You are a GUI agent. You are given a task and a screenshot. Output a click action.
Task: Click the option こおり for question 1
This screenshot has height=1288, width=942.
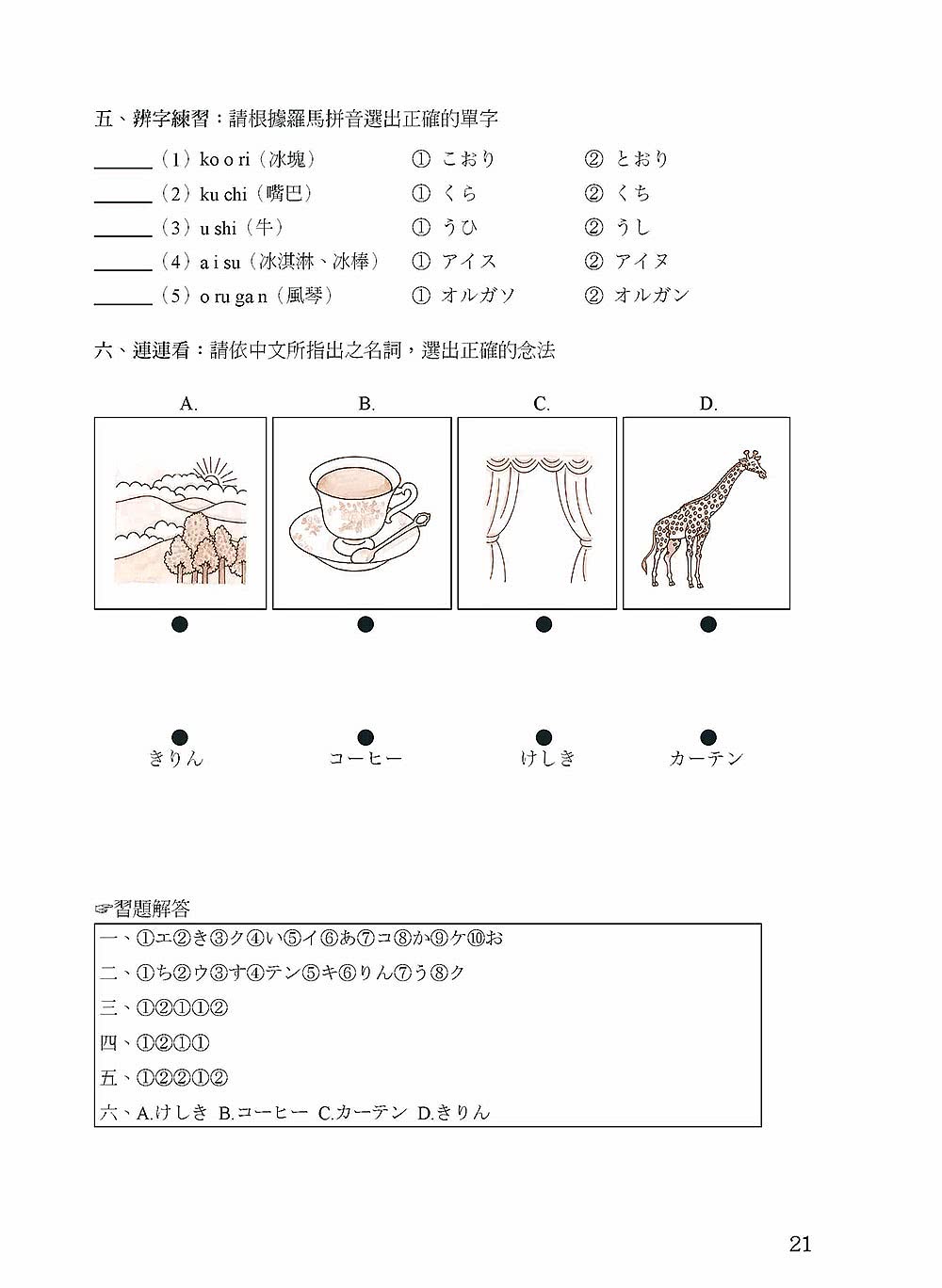click(x=468, y=159)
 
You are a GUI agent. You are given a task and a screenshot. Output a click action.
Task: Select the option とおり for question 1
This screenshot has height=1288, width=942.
click(x=642, y=159)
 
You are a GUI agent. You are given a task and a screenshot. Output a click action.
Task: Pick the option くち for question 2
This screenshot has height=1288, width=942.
click(x=632, y=193)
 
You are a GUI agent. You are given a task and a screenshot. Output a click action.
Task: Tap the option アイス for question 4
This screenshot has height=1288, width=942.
click(x=468, y=261)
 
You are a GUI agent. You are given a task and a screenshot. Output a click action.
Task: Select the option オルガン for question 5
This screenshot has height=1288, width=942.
click(x=651, y=296)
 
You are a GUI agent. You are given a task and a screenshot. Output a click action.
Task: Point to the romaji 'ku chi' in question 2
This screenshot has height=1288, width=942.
click(x=223, y=194)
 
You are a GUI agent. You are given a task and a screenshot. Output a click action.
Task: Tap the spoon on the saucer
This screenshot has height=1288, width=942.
click(x=394, y=540)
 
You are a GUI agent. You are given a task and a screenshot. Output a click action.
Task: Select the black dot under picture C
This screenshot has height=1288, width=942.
click(x=544, y=624)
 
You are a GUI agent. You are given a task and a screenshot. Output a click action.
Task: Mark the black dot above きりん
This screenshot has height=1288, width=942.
click(x=179, y=737)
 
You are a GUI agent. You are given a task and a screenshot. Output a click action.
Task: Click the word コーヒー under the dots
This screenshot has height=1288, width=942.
click(x=365, y=759)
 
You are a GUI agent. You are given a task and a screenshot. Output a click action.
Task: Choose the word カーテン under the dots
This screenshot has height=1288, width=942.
click(x=706, y=759)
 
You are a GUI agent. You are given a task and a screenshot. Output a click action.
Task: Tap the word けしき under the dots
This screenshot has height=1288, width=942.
click(x=548, y=759)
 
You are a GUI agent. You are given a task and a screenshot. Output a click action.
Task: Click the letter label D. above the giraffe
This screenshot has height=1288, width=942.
click(x=708, y=404)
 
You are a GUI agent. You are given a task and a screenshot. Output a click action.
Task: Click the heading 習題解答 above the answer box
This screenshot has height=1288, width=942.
click(x=151, y=909)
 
